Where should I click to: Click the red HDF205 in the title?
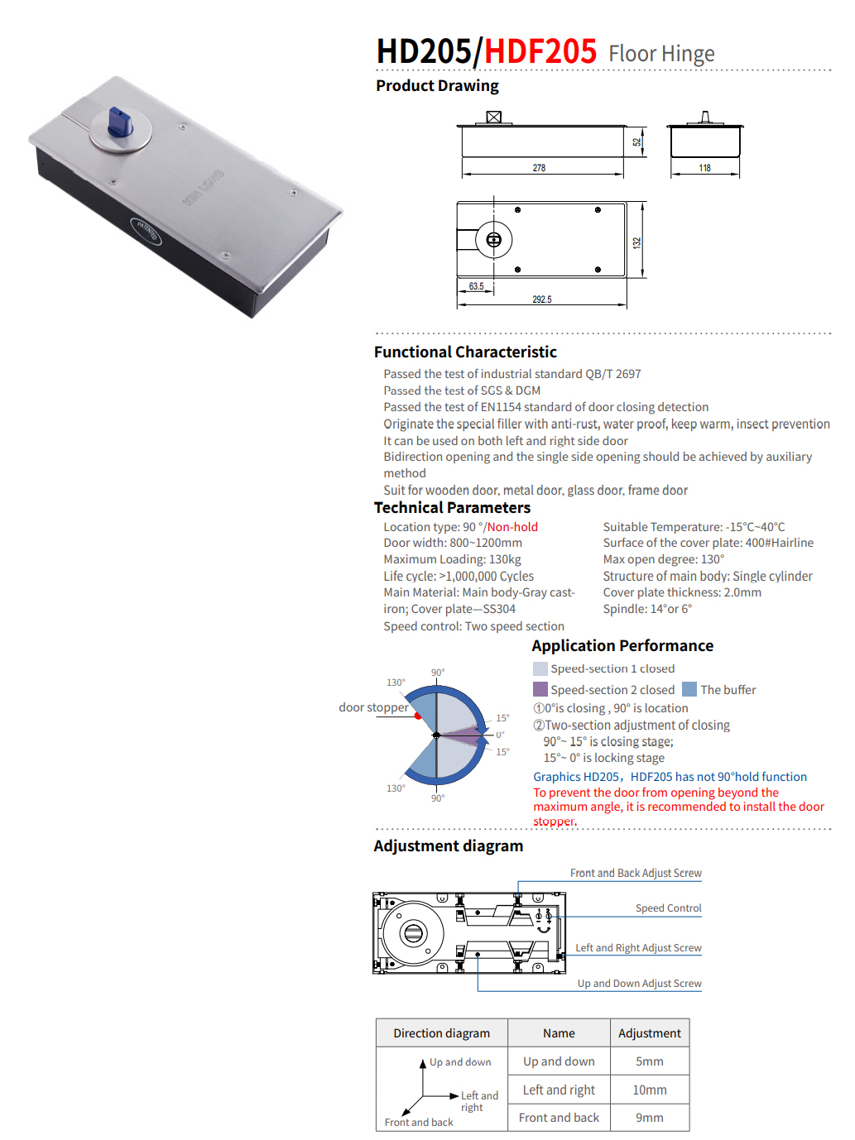tap(540, 51)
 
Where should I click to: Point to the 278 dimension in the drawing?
tap(539, 168)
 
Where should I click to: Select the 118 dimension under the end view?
tap(704, 168)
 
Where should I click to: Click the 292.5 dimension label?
tap(542, 299)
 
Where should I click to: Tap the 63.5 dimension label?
tap(476, 286)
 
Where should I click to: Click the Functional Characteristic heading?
tap(465, 352)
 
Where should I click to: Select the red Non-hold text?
tap(512, 527)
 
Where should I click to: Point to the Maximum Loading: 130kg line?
tap(452, 559)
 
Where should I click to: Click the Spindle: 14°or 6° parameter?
tap(647, 609)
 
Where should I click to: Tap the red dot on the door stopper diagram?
tap(418, 716)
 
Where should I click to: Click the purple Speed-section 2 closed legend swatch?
tap(540, 689)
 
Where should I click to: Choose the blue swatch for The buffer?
tap(689, 689)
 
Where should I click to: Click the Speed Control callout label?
tap(668, 908)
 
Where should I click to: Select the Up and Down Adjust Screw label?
tap(639, 983)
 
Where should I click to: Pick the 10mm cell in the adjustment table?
tap(649, 1090)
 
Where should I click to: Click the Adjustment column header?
tap(649, 1033)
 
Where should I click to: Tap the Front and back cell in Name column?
tap(559, 1118)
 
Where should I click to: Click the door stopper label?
tap(373, 707)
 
